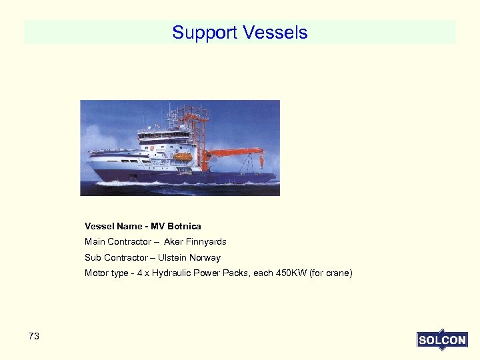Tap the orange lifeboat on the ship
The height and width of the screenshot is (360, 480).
(182, 157)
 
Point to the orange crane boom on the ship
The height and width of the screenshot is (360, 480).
(233, 153)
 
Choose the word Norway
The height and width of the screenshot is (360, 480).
(205, 258)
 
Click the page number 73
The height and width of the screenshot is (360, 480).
(34, 336)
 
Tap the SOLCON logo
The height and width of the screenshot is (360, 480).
(442, 340)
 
